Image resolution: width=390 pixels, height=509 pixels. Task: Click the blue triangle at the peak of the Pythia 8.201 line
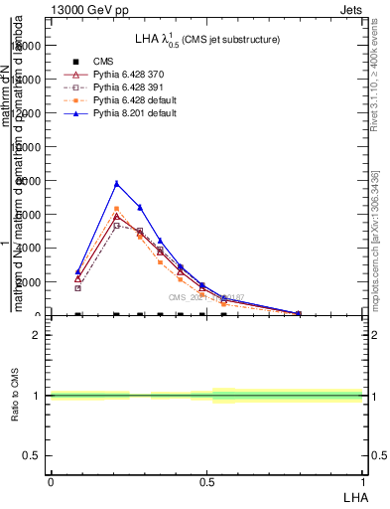coord(116,183)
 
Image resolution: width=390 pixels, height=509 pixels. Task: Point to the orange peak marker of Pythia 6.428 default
coord(116,209)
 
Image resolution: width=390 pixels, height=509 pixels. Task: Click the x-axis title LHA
coord(354,495)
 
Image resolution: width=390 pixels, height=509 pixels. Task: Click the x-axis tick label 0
coord(50,481)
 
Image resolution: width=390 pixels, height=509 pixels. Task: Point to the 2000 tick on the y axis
coord(28,282)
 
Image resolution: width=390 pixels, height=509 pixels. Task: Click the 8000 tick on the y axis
coord(28,180)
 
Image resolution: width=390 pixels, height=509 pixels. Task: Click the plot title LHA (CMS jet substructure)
coord(206,39)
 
